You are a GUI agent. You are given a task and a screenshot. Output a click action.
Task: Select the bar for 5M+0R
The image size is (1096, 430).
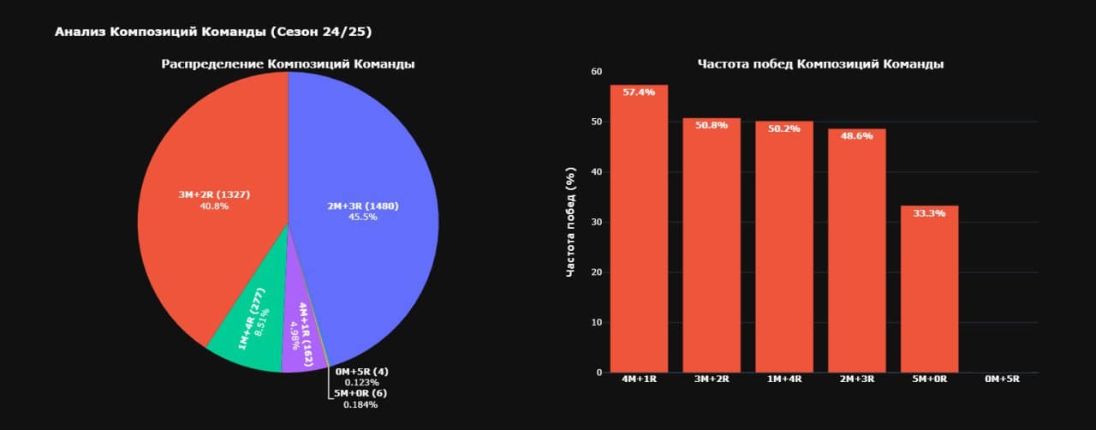tap(929, 300)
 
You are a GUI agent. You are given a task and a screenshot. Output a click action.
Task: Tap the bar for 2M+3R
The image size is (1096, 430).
tap(856, 257)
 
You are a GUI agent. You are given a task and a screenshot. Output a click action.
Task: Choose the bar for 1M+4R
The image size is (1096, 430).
tap(784, 257)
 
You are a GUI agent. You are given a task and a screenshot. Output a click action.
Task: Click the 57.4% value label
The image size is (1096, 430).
tap(639, 92)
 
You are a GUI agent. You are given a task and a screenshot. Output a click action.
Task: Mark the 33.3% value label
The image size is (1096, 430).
tap(929, 213)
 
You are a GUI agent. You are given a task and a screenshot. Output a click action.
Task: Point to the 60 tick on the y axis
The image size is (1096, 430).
tap(597, 72)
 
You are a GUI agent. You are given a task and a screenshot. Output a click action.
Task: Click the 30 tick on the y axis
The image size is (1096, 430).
tap(597, 222)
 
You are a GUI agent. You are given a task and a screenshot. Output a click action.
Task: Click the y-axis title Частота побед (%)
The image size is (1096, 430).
tap(571, 222)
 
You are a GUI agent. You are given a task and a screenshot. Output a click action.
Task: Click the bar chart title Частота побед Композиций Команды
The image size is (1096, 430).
tap(820, 64)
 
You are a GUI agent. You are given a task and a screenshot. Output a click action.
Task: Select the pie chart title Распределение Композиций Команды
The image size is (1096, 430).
tap(288, 64)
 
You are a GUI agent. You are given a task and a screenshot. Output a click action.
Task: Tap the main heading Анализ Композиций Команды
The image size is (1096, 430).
tap(213, 32)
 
